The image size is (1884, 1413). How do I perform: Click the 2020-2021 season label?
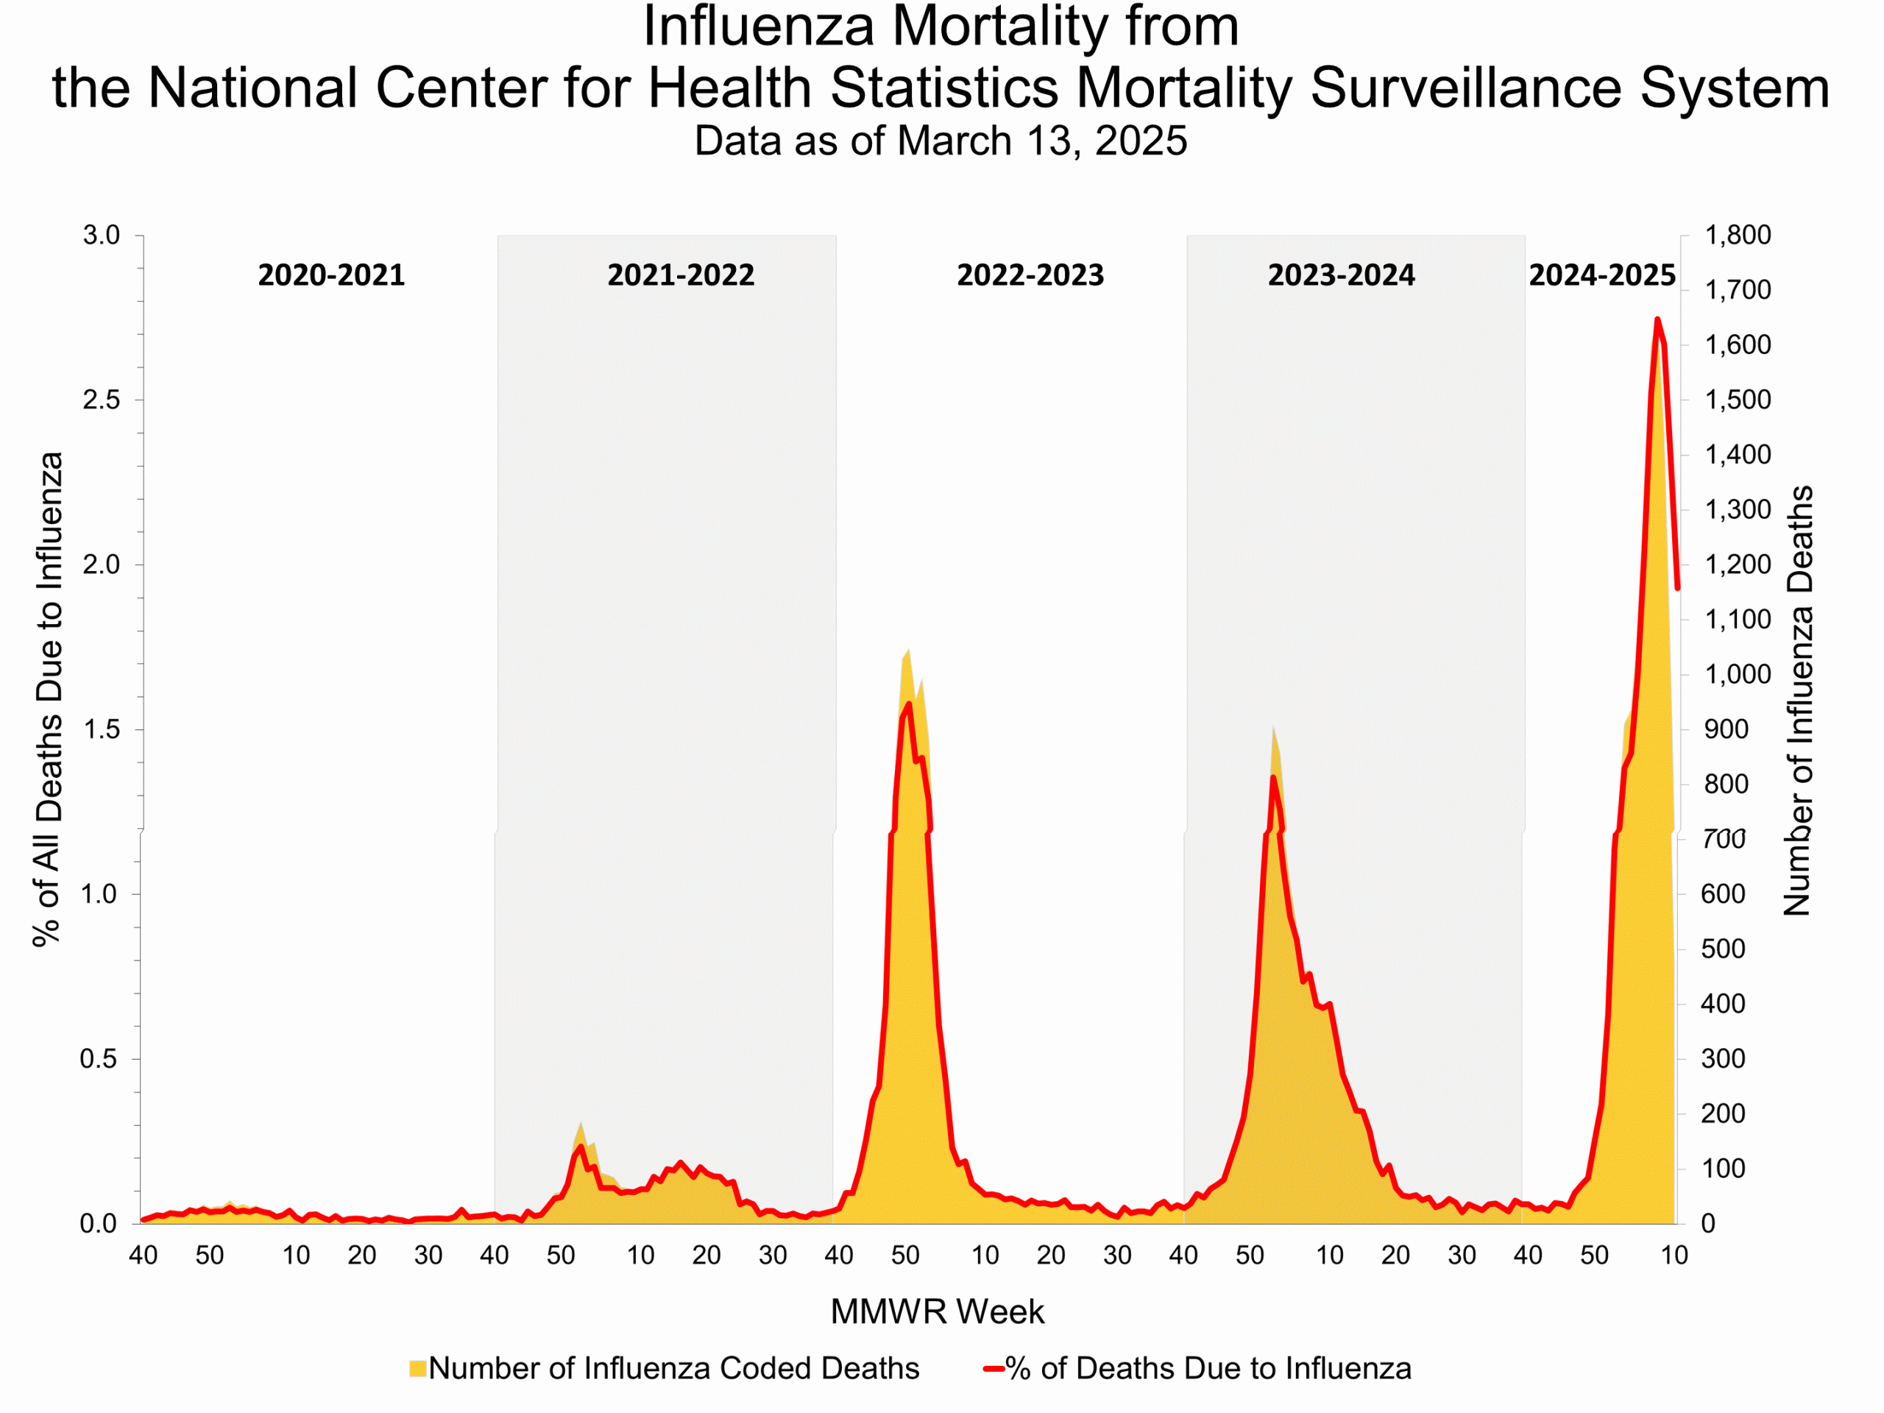[330, 275]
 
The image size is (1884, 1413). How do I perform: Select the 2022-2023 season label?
[1030, 275]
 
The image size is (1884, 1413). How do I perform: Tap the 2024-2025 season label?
[1601, 275]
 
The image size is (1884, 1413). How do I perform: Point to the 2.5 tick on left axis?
[101, 400]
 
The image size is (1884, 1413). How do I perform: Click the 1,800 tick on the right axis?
[1737, 235]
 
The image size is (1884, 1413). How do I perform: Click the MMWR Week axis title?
[936, 1311]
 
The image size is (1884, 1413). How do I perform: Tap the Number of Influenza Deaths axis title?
[1798, 700]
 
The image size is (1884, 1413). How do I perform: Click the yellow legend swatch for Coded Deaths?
[417, 1369]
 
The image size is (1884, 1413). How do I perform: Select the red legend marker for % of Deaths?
[993, 1369]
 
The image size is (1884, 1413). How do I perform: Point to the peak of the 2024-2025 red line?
[1657, 319]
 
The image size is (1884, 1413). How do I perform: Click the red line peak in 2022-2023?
[909, 704]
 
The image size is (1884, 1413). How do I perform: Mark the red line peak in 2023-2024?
[1273, 776]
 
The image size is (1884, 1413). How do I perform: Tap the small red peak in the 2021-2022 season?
[581, 1147]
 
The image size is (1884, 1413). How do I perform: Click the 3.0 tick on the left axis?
[101, 235]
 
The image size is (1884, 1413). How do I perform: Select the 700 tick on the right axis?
[1724, 839]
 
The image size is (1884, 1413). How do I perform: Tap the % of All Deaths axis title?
[49, 698]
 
